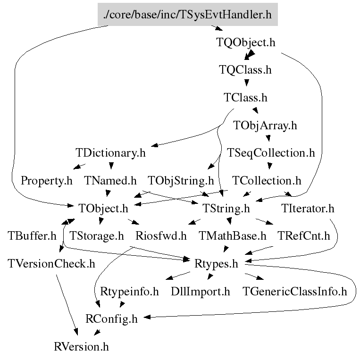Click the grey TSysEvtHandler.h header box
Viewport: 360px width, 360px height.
[188, 15]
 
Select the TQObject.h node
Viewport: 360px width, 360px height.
[245, 42]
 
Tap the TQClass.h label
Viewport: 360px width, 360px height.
[245, 70]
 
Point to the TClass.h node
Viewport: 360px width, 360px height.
[245, 98]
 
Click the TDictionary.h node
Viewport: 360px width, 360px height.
[110, 153]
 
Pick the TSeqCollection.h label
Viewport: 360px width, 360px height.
[271, 153]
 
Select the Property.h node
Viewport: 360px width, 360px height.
[47, 180]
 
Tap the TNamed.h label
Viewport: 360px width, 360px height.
[110, 180]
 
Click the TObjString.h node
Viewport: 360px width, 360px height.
[181, 180]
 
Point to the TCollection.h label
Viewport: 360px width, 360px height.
[267, 180]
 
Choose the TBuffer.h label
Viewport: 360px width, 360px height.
[32, 235]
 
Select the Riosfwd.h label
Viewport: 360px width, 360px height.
[161, 235]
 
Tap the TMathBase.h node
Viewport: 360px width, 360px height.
[232, 235]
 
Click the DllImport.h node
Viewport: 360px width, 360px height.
[201, 291]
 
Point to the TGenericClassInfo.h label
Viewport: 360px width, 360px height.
[294, 291]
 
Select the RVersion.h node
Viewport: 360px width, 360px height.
[82, 347]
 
